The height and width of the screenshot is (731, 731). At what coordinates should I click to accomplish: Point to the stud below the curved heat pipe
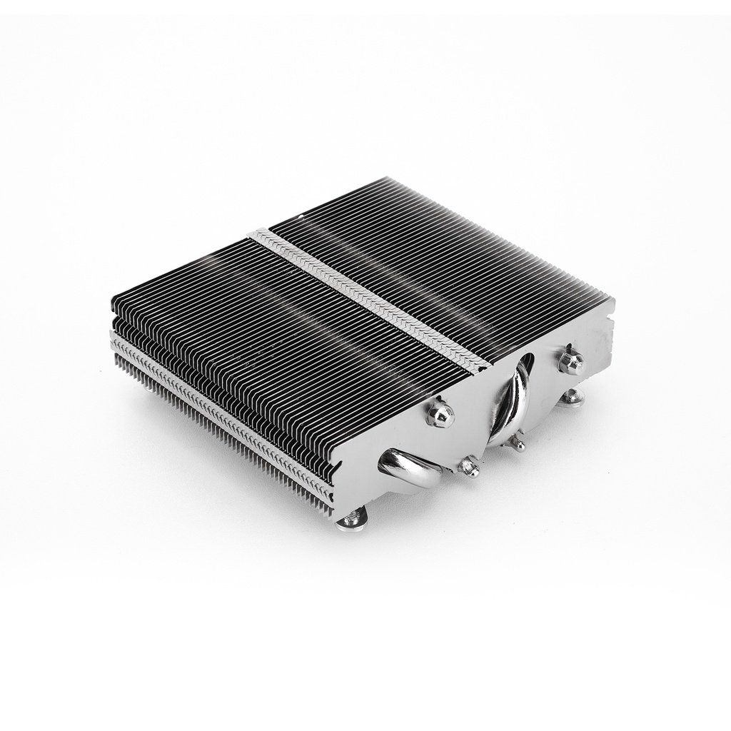point(519,444)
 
